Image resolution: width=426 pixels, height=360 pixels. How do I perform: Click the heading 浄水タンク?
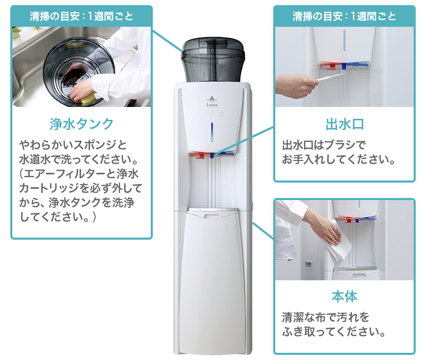point(81,123)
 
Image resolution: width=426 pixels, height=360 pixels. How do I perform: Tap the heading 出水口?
point(346,124)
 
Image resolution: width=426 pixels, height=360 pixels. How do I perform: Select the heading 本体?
point(346,296)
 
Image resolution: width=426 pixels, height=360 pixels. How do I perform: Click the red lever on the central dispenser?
point(198,154)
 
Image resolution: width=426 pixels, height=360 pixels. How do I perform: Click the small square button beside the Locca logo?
point(220,114)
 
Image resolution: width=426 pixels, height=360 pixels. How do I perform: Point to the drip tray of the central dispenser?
point(212,211)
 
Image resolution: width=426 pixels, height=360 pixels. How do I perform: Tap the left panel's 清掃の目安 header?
point(81,16)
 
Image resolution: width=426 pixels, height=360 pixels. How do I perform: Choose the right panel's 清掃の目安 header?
point(344,16)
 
